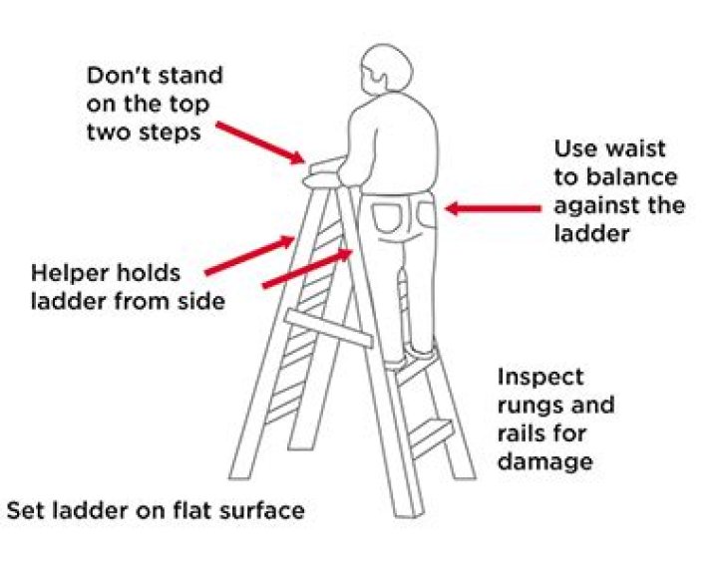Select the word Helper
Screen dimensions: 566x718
[68, 273]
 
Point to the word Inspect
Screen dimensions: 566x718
[539, 378]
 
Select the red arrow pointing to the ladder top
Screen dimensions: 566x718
[258, 139]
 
